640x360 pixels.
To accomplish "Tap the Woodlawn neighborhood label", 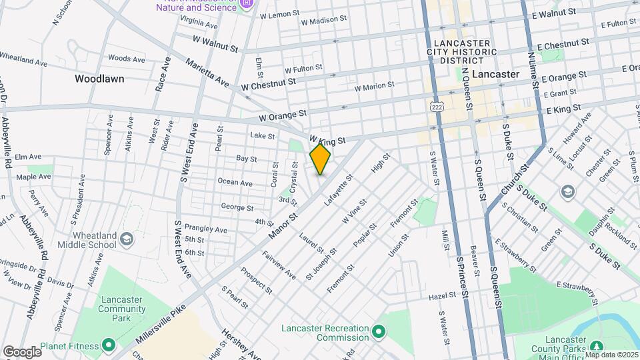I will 99,78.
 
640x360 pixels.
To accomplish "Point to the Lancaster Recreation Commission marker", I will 379,331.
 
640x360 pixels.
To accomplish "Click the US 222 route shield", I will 437,107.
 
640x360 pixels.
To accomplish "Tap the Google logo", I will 22,351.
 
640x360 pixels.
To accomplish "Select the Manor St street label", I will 282,226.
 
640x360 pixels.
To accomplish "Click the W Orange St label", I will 283,115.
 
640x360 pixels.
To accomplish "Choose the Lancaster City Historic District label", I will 461,51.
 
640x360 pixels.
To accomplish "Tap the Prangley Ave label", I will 205,229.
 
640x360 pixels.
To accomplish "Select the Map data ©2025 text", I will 611,354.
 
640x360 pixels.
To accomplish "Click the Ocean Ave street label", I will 236,182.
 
